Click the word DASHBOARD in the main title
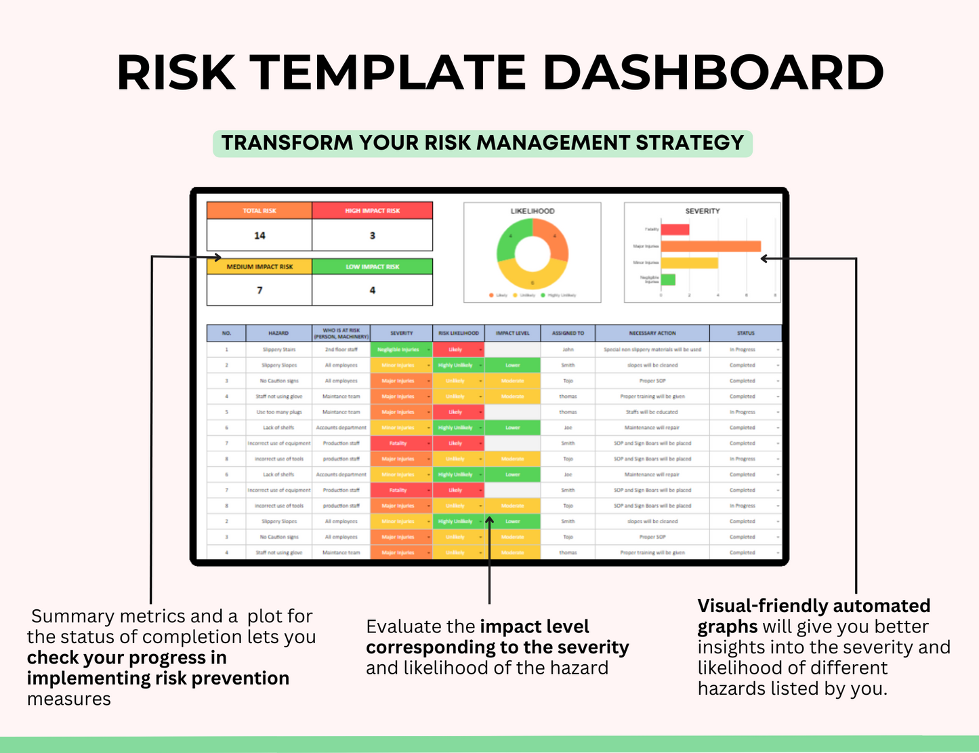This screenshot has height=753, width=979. pyautogui.click(x=713, y=73)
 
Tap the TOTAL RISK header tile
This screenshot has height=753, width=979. pyautogui.click(x=259, y=211)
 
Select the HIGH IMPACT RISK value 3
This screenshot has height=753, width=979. pyautogui.click(x=372, y=236)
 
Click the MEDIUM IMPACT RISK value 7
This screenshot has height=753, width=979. pyautogui.click(x=259, y=290)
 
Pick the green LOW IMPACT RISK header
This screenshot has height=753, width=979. pyautogui.click(x=372, y=266)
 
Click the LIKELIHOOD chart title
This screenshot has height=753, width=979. pyautogui.click(x=533, y=211)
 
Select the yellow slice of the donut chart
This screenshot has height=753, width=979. pyautogui.click(x=533, y=278)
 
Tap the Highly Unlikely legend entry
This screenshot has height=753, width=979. pyautogui.click(x=561, y=296)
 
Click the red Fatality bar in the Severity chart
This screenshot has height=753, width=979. pyautogui.click(x=675, y=230)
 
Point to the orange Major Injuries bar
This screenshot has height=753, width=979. pyautogui.click(x=711, y=246)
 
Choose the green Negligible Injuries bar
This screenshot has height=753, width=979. pyautogui.click(x=668, y=279)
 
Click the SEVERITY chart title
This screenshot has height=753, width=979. pyautogui.click(x=703, y=211)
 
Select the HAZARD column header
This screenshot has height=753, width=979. pyautogui.click(x=278, y=333)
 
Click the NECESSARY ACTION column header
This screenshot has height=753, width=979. pyautogui.click(x=652, y=333)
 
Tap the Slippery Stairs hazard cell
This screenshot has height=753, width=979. pyautogui.click(x=279, y=350)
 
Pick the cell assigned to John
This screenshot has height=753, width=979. pyautogui.click(x=568, y=350)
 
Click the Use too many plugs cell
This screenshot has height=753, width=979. pyautogui.click(x=279, y=412)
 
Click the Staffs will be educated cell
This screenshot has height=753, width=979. pyautogui.click(x=652, y=412)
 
